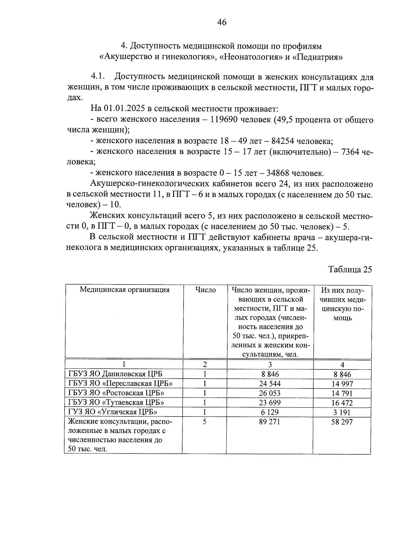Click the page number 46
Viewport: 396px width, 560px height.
222,22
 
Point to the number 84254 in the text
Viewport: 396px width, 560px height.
283,141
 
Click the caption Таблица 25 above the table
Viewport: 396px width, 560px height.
350,270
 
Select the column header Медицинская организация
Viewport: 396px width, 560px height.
124,290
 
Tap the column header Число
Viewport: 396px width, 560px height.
205,290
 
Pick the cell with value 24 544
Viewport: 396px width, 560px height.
270,383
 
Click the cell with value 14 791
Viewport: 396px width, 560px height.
342,393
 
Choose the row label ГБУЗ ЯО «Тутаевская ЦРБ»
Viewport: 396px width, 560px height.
116,402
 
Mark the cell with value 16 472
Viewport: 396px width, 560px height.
342,403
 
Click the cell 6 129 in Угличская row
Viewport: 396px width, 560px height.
270,412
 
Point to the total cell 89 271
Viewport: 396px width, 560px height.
270,421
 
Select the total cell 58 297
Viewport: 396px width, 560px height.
342,422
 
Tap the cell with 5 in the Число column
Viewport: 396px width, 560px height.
205,421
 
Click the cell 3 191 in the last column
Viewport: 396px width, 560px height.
342,412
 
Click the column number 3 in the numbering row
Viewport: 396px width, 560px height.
270,365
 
